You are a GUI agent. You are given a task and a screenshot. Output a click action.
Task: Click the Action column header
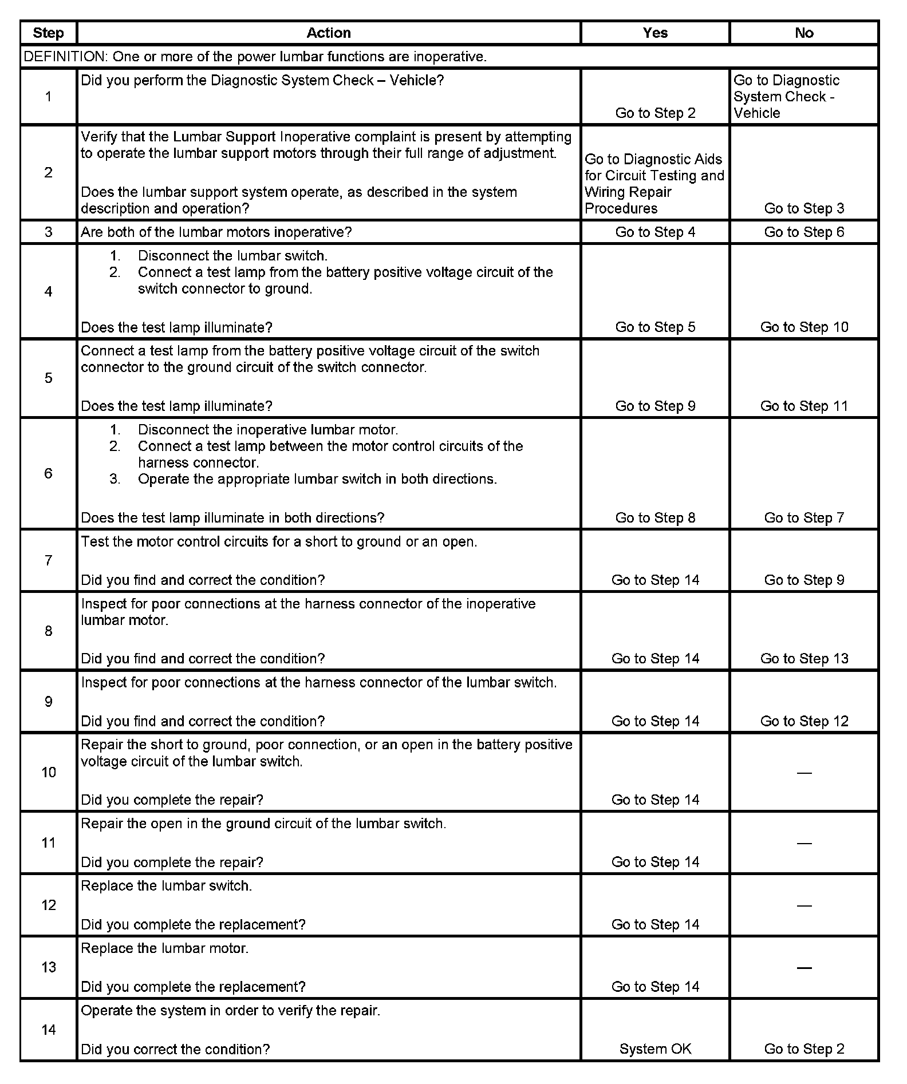[328, 33]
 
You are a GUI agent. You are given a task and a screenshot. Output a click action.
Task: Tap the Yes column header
[655, 33]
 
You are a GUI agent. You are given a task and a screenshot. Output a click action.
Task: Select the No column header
[804, 33]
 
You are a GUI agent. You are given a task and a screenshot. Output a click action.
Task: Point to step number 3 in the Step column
[48, 232]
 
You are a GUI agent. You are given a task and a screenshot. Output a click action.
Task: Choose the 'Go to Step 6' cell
[804, 232]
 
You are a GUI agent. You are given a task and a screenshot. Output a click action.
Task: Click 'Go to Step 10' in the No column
[804, 327]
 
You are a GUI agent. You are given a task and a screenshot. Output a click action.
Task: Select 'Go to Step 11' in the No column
[804, 406]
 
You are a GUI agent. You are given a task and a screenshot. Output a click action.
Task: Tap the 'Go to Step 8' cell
[655, 517]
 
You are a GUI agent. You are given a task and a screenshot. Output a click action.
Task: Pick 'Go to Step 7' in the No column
[804, 517]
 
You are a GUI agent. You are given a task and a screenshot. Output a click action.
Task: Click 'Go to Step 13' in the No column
[804, 658]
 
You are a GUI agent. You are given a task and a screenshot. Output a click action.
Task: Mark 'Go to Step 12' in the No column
[804, 721]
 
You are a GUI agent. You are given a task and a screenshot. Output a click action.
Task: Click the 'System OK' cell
[655, 1049]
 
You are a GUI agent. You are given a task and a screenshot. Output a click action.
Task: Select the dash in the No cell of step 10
[804, 773]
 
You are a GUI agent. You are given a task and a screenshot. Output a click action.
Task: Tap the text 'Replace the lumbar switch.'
[166, 885]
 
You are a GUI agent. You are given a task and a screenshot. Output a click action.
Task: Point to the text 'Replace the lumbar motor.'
[164, 948]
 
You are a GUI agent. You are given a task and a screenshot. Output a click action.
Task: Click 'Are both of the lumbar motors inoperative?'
[216, 232]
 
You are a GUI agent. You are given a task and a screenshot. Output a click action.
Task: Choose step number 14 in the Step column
[48, 1030]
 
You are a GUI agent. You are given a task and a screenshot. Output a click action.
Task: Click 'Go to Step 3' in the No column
[804, 208]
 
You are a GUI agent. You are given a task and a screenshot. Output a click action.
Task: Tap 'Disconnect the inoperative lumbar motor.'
[267, 429]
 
